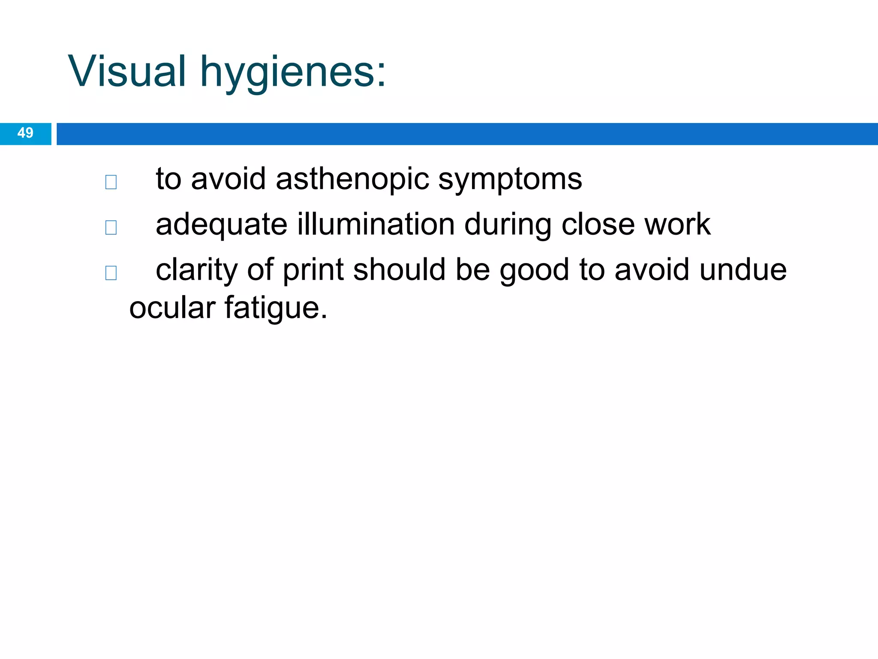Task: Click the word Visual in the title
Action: [127, 71]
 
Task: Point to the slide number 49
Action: [25, 133]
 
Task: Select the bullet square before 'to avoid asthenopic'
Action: [111, 182]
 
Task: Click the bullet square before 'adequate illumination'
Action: [111, 227]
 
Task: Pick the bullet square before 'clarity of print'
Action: [111, 273]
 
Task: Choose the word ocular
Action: [172, 308]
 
